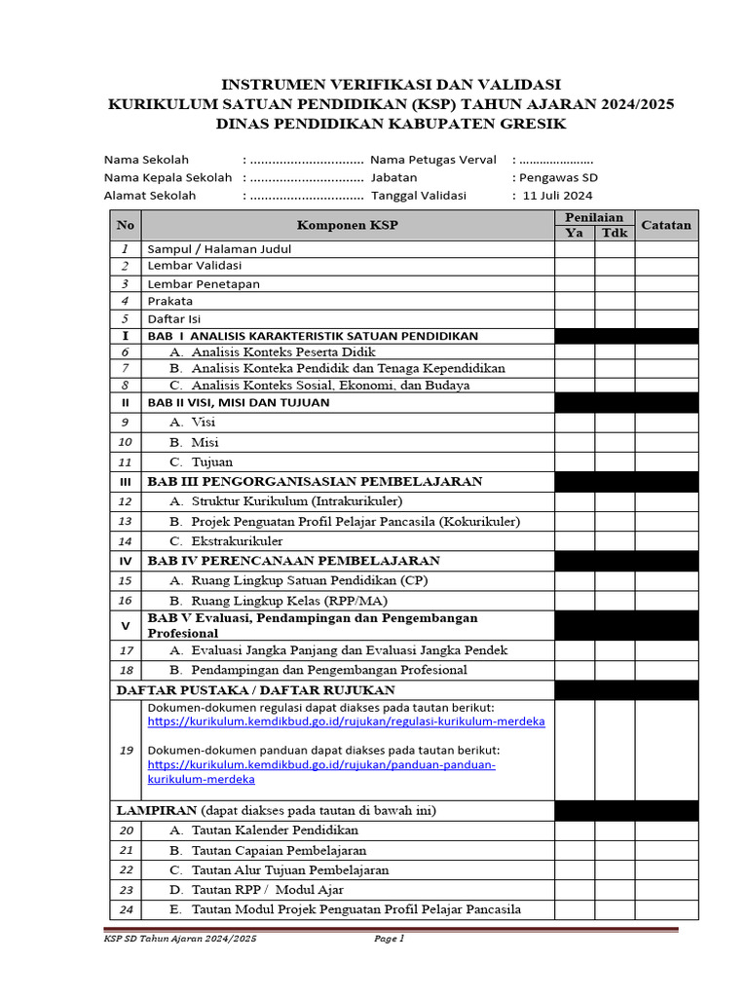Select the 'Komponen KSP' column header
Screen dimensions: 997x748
(348, 226)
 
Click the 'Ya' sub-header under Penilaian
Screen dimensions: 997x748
(575, 234)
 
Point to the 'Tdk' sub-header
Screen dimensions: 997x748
(615, 234)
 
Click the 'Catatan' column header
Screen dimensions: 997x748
(666, 225)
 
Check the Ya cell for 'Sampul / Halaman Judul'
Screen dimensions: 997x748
(575, 249)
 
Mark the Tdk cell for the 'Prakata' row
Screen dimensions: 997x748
(615, 301)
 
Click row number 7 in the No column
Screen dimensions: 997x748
(125, 368)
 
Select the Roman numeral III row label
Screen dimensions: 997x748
(125, 482)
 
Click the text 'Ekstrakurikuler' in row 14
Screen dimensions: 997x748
(238, 540)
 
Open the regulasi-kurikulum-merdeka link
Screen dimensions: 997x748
(346, 721)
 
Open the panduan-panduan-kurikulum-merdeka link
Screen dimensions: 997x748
(321, 765)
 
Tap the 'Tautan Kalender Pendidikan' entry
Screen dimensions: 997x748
(275, 831)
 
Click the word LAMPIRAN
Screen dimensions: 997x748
(157, 810)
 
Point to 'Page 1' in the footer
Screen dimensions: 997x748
(389, 939)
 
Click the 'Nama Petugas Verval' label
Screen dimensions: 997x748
(433, 160)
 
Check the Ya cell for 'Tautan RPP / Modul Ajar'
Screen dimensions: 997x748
(575, 890)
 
